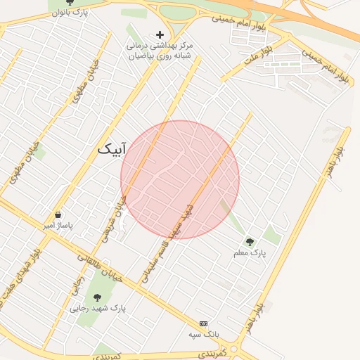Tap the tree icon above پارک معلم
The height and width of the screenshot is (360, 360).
coord(249,242)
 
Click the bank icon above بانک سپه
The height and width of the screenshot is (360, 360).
coord(204,323)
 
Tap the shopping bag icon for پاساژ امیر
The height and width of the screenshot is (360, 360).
coord(58,215)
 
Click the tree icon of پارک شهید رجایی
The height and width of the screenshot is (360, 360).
coord(96,297)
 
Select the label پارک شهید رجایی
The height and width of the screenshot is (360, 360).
coord(98,308)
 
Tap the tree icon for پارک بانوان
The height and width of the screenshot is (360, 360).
coord(69,2)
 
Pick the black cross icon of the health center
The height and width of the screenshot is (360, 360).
coord(160,34)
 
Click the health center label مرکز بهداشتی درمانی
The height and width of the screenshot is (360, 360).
coord(160,44)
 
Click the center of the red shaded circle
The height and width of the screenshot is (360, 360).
coord(180,180)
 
